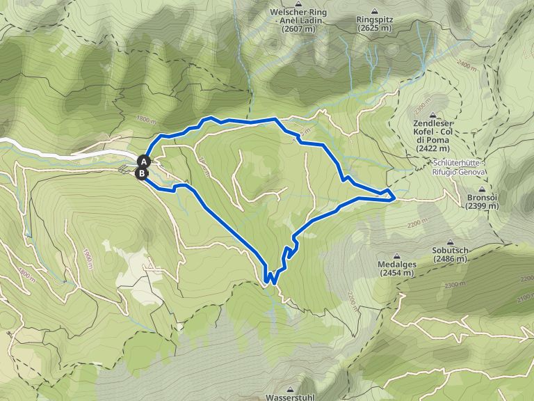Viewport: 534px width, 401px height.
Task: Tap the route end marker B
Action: point(141,173)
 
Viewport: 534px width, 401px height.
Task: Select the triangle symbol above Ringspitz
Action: point(375,12)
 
